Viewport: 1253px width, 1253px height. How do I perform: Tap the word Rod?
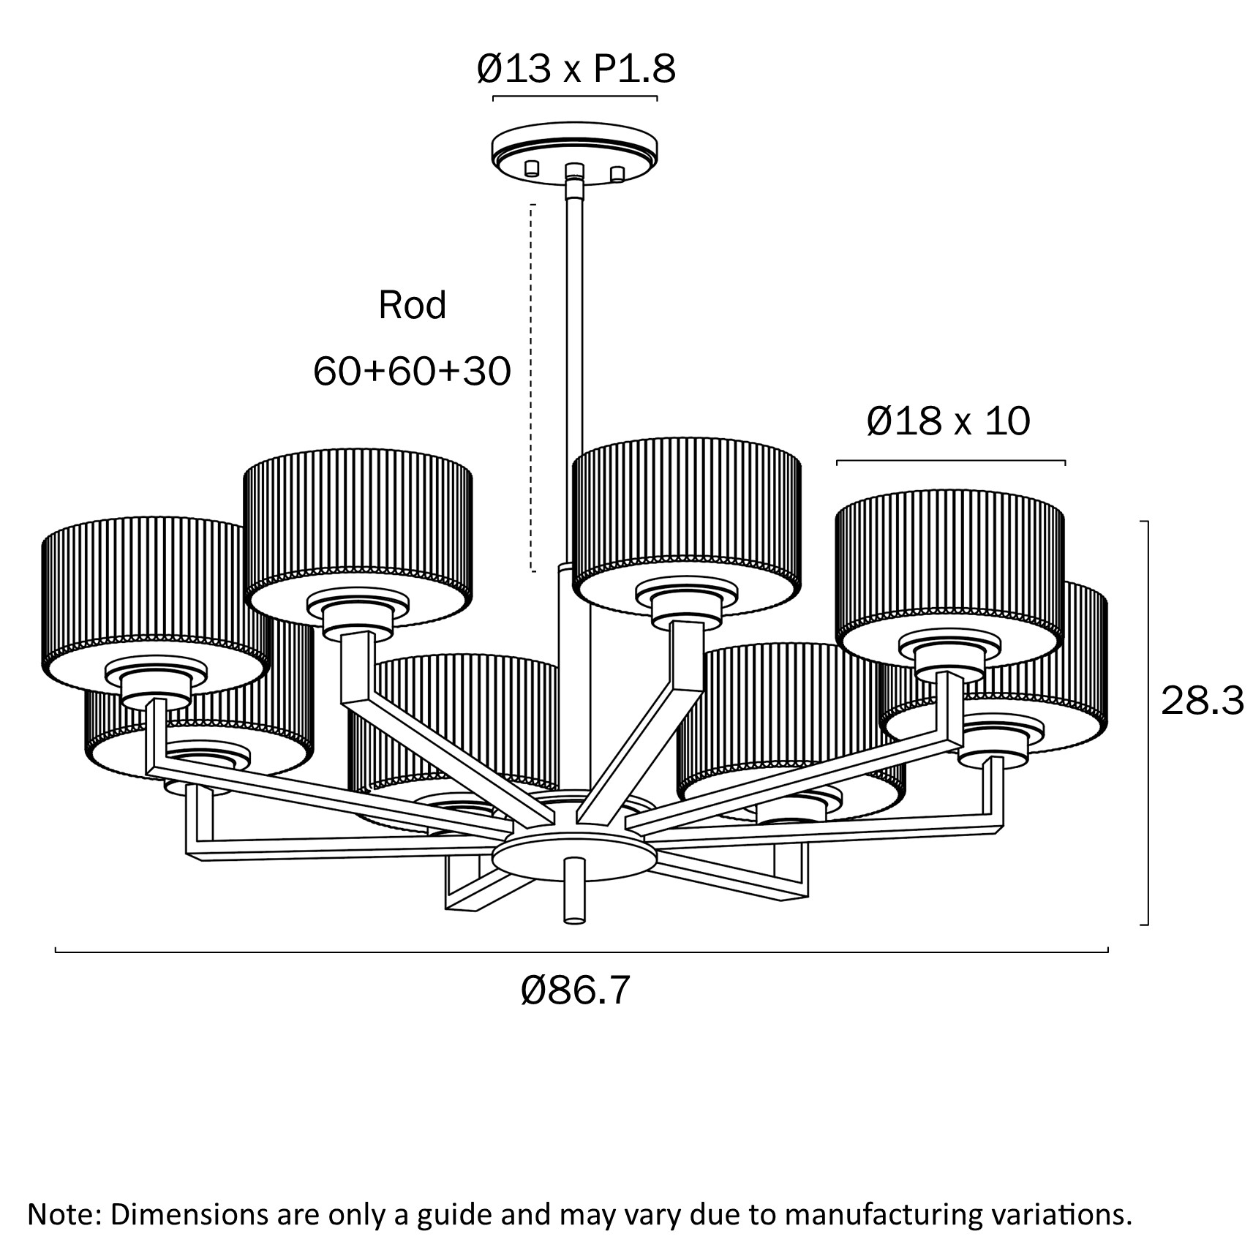412,305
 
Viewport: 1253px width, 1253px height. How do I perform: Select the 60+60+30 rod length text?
412,372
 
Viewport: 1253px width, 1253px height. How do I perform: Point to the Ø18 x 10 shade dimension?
948,422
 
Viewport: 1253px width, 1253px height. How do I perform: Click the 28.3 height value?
1202,701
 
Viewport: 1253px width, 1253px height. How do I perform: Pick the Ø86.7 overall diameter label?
575,991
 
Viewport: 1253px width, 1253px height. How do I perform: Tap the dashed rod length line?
533,388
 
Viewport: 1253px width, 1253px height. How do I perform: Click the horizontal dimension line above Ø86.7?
582,952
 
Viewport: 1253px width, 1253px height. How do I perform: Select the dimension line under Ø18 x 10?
950,462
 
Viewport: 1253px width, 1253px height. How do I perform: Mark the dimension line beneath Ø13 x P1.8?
575,97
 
